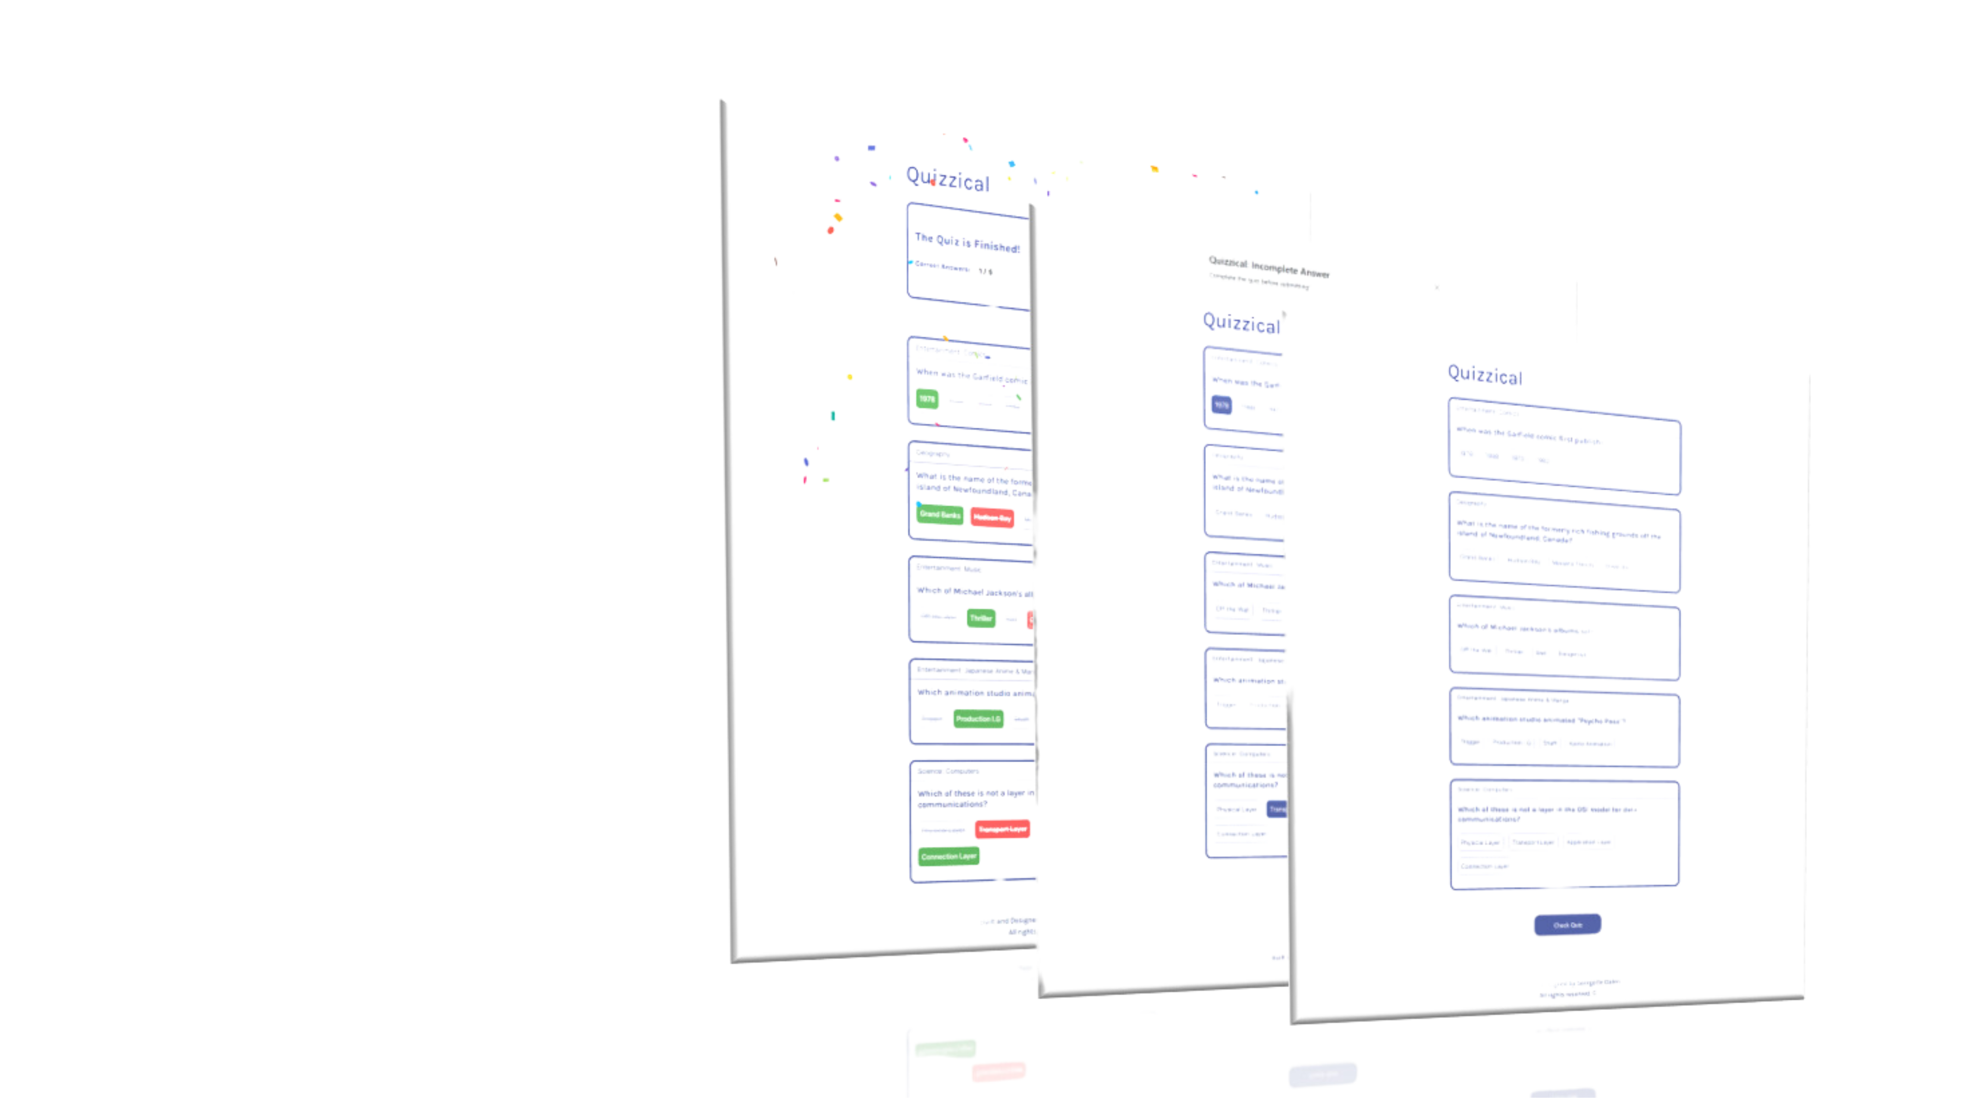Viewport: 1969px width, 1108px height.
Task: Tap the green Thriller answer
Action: [x=981, y=618]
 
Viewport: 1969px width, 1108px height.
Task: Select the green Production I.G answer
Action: [x=978, y=719]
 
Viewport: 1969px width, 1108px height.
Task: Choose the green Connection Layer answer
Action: [x=948, y=857]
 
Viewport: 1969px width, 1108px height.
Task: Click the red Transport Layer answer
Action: [x=1002, y=829]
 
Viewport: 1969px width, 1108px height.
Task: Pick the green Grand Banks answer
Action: [x=939, y=514]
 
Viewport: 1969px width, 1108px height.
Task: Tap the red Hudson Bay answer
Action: [x=992, y=519]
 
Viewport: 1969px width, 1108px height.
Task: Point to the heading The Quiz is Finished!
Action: [x=967, y=243]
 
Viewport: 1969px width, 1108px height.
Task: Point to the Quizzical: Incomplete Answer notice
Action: [x=1269, y=267]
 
